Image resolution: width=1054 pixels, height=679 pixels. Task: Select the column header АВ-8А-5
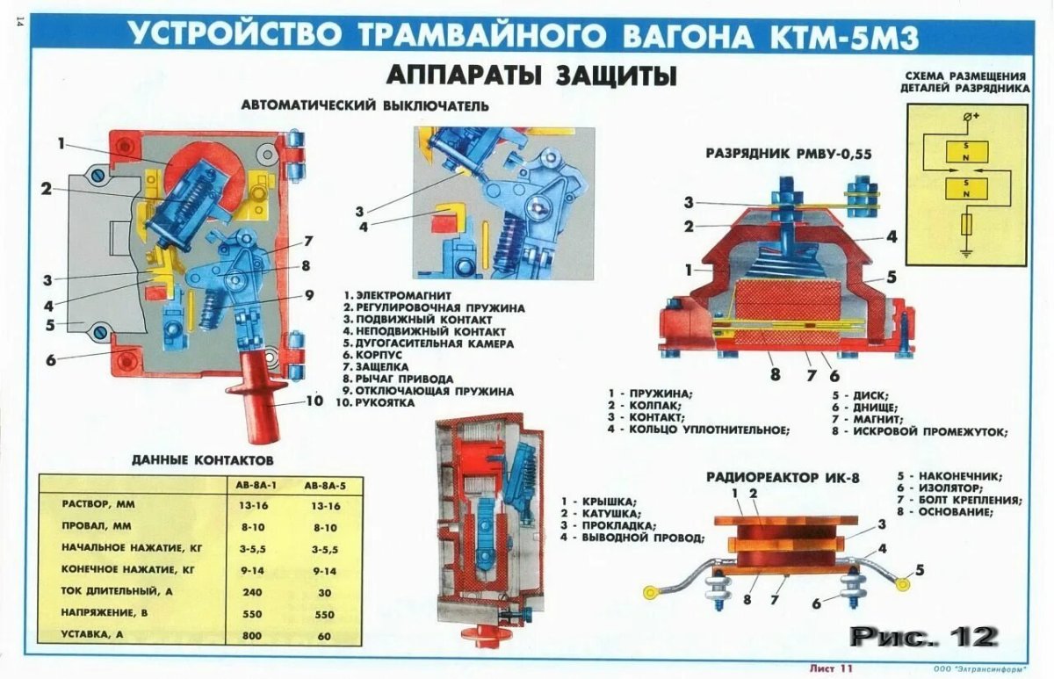point(323,485)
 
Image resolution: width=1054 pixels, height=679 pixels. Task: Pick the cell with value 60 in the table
point(324,634)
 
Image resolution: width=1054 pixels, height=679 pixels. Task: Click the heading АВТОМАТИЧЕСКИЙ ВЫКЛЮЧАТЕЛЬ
point(365,106)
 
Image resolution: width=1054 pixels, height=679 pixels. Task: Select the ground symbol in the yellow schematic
point(966,254)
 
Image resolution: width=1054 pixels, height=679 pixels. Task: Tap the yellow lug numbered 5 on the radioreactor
point(899,580)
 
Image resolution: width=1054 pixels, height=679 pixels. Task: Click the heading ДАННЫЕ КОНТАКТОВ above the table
point(203,459)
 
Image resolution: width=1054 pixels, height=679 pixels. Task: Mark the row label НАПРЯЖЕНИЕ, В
point(112,612)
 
